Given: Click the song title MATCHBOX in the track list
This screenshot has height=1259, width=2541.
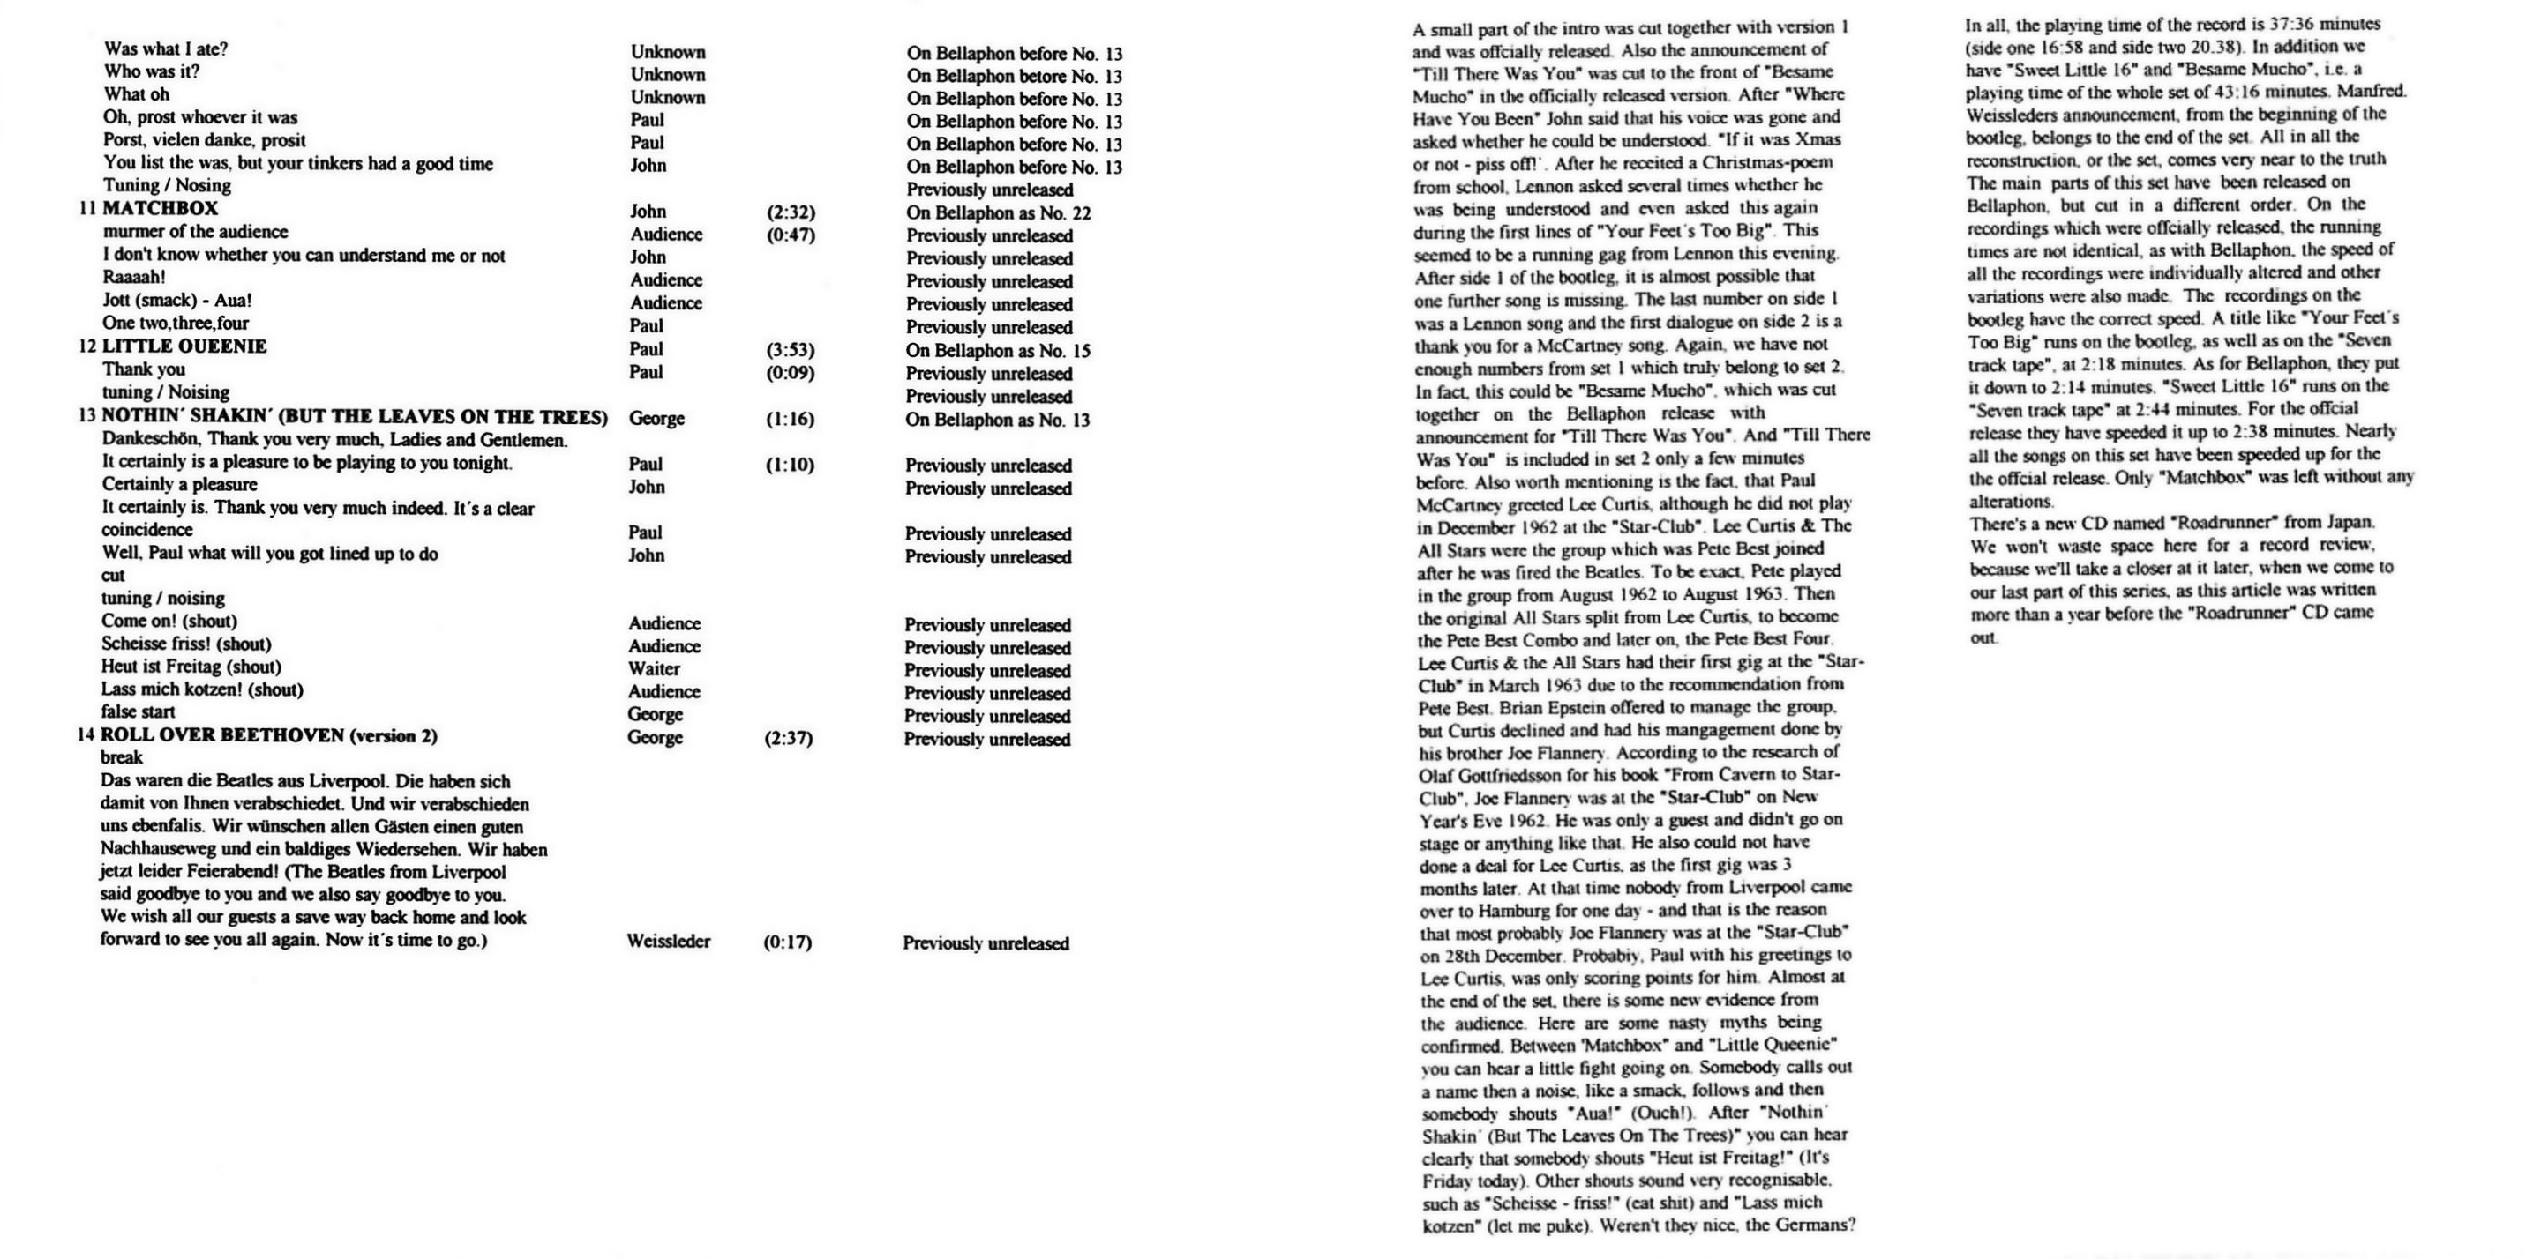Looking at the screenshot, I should coord(160,209).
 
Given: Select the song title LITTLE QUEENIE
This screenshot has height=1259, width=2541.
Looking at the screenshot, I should coord(184,347).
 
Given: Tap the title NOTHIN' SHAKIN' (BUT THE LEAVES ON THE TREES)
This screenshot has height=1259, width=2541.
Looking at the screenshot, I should coord(354,417).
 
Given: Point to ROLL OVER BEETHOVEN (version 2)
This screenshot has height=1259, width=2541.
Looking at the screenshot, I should coord(268,735).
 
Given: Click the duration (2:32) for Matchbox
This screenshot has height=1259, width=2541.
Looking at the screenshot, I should coord(791,212).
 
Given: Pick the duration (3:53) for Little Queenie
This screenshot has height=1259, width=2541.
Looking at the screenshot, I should coord(791,350).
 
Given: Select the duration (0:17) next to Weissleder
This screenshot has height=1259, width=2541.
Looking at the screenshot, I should coord(787,942).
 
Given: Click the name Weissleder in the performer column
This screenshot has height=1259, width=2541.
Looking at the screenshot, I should coord(668,942).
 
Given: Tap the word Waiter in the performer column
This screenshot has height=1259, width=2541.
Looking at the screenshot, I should coord(654,669).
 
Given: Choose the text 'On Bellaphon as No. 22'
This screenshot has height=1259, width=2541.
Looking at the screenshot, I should coord(998,213).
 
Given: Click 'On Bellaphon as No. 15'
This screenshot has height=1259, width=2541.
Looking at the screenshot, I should coord(998,351).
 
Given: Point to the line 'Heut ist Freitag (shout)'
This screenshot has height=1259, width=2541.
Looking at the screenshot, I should coord(191,667).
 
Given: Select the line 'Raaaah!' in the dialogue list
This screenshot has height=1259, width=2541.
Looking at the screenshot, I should coord(134,278).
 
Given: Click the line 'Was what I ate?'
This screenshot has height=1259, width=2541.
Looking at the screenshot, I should coord(166,49).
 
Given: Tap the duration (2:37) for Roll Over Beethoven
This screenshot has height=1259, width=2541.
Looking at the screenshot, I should coord(788,739).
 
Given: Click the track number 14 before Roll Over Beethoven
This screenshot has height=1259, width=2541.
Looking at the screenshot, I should coord(86,735).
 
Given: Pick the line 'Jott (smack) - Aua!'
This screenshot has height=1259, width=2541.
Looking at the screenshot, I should coord(176,301).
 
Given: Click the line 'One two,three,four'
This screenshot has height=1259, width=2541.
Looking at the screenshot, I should coord(176,324).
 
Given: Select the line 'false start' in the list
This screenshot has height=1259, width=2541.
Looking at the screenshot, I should coord(139,711).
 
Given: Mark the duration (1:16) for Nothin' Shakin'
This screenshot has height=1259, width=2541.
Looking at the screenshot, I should coord(791,419).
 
